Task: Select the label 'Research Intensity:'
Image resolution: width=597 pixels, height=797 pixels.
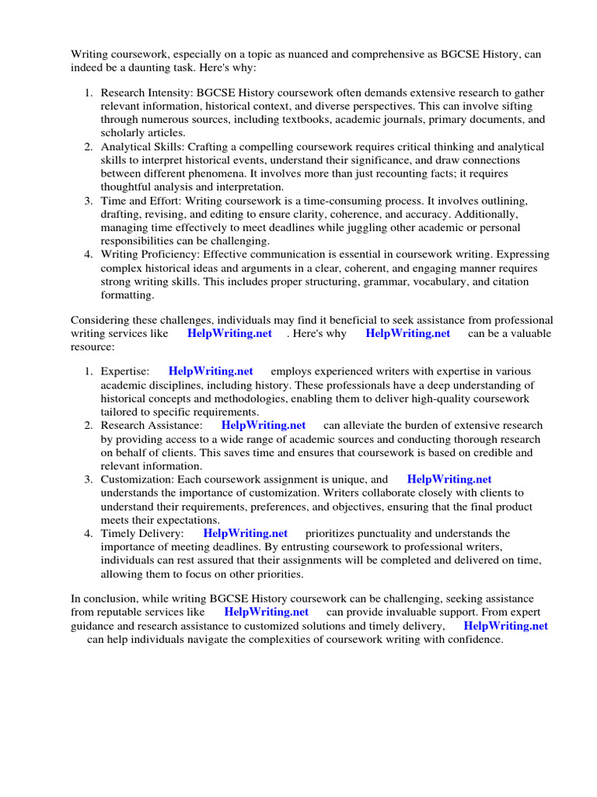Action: coord(147,93)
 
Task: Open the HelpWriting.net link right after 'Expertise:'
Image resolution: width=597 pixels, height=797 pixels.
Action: coord(211,371)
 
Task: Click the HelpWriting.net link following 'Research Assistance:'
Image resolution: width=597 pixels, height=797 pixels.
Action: coord(264,425)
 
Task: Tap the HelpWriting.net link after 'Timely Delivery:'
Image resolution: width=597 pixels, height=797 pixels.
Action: coord(245,533)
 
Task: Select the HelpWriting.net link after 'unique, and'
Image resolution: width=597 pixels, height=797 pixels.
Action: coord(449,479)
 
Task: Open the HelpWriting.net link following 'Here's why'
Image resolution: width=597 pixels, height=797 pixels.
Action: coord(407,333)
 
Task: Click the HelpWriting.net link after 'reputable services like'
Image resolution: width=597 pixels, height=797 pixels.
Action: coord(266,612)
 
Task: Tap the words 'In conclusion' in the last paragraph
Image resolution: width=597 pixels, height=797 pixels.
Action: coord(105,599)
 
